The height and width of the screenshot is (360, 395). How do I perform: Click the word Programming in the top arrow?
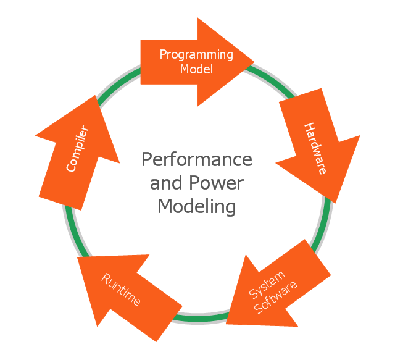[x=196, y=54]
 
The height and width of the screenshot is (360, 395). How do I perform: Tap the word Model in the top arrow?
[x=196, y=69]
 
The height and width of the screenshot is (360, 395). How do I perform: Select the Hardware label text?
[x=315, y=148]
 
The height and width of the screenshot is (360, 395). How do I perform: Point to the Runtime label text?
[x=121, y=289]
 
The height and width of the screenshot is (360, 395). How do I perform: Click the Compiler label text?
[x=78, y=149]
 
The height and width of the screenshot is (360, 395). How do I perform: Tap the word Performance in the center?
[x=196, y=159]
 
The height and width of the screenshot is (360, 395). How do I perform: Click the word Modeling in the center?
[x=196, y=206]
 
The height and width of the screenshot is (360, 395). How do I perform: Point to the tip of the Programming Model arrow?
[x=254, y=62]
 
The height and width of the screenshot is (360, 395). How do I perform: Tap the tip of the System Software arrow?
[x=227, y=323]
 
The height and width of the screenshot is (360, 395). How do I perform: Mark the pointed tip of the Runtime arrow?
[x=78, y=257]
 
